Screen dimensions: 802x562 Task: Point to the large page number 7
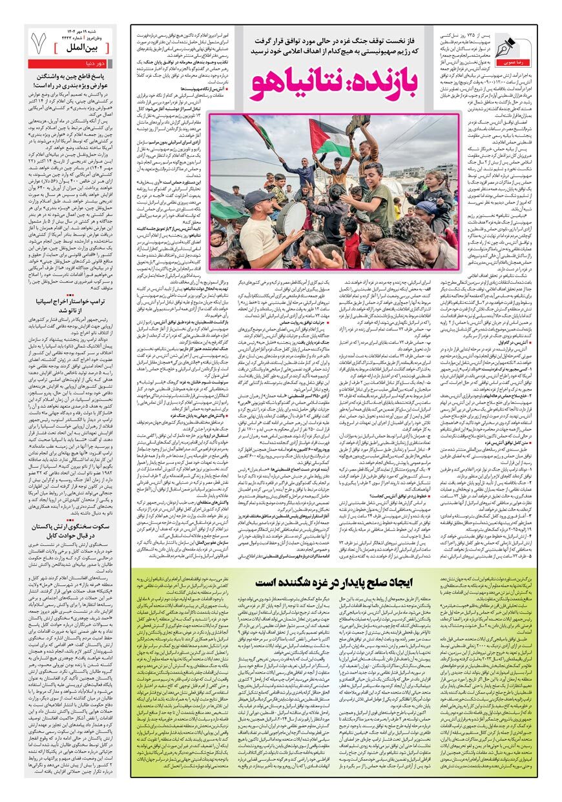click(38, 45)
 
